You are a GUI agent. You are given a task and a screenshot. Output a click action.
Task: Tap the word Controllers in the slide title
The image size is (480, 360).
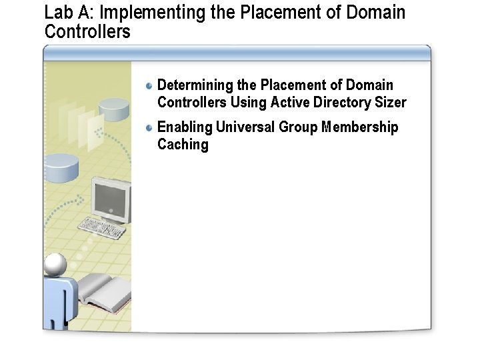[x=87, y=31]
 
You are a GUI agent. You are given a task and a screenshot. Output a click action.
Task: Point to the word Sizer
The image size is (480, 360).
[x=390, y=103]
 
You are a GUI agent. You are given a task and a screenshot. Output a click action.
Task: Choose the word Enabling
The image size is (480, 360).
[x=185, y=127]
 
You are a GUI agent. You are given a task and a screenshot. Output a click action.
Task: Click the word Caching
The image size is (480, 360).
[x=183, y=145]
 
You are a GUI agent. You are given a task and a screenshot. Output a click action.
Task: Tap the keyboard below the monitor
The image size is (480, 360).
[x=102, y=229]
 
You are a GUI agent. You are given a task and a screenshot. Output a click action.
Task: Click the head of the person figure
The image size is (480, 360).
[x=55, y=265]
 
